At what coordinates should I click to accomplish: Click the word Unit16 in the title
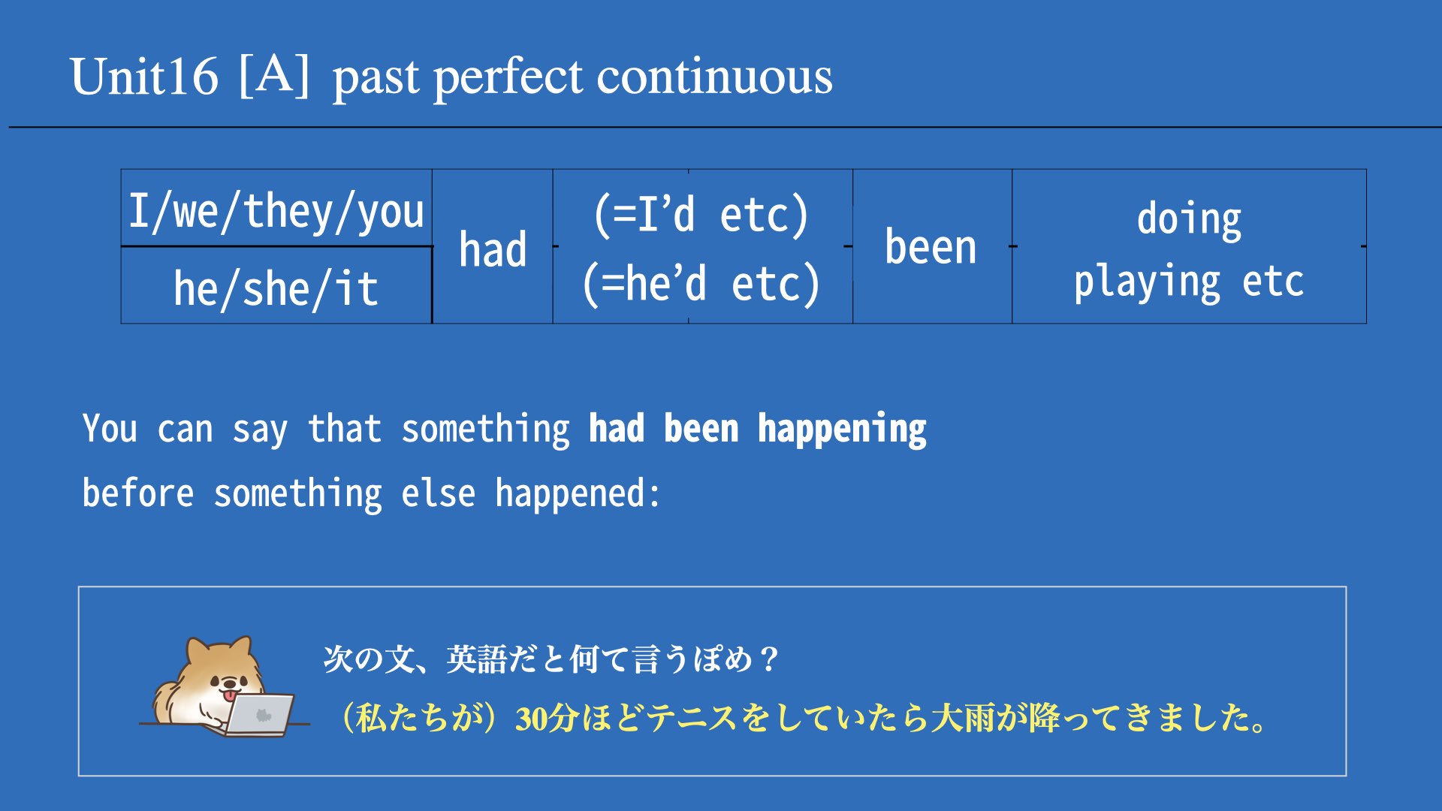tap(144, 77)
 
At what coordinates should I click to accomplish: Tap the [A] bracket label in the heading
tap(274, 75)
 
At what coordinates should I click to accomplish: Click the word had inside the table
tap(493, 249)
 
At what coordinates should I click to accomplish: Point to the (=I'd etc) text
tap(701, 215)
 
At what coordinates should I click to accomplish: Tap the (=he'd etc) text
tap(701, 284)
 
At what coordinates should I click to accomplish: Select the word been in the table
tap(931, 247)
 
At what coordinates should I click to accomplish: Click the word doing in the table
tap(1189, 220)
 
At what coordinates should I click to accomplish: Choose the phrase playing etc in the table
tap(1189, 282)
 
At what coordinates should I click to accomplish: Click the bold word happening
tap(842, 430)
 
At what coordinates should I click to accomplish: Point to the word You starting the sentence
tap(110, 429)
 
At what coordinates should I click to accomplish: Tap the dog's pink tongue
tap(227, 696)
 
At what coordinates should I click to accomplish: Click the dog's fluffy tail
tap(164, 701)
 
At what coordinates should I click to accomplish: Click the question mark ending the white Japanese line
tap(768, 660)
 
